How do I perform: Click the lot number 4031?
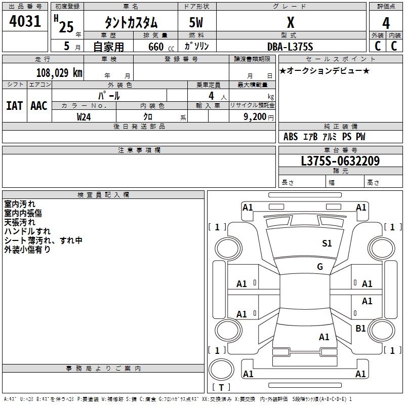(x=25, y=22)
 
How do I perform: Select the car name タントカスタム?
(x=131, y=23)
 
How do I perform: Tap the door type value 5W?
(x=196, y=23)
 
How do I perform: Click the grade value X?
(x=290, y=23)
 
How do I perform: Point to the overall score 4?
(x=386, y=23)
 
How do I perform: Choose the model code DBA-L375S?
(x=290, y=47)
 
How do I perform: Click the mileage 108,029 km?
(x=59, y=72)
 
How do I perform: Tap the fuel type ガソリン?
(x=196, y=47)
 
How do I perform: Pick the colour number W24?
(x=84, y=116)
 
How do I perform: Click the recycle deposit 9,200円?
(x=258, y=116)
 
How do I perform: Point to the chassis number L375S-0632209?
(x=340, y=161)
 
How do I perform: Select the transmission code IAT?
(x=14, y=106)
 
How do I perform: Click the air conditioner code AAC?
(x=38, y=106)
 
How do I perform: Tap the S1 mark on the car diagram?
(x=327, y=244)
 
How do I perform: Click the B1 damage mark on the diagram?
(x=360, y=329)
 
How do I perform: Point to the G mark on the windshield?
(x=320, y=267)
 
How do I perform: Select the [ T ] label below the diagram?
(x=221, y=388)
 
